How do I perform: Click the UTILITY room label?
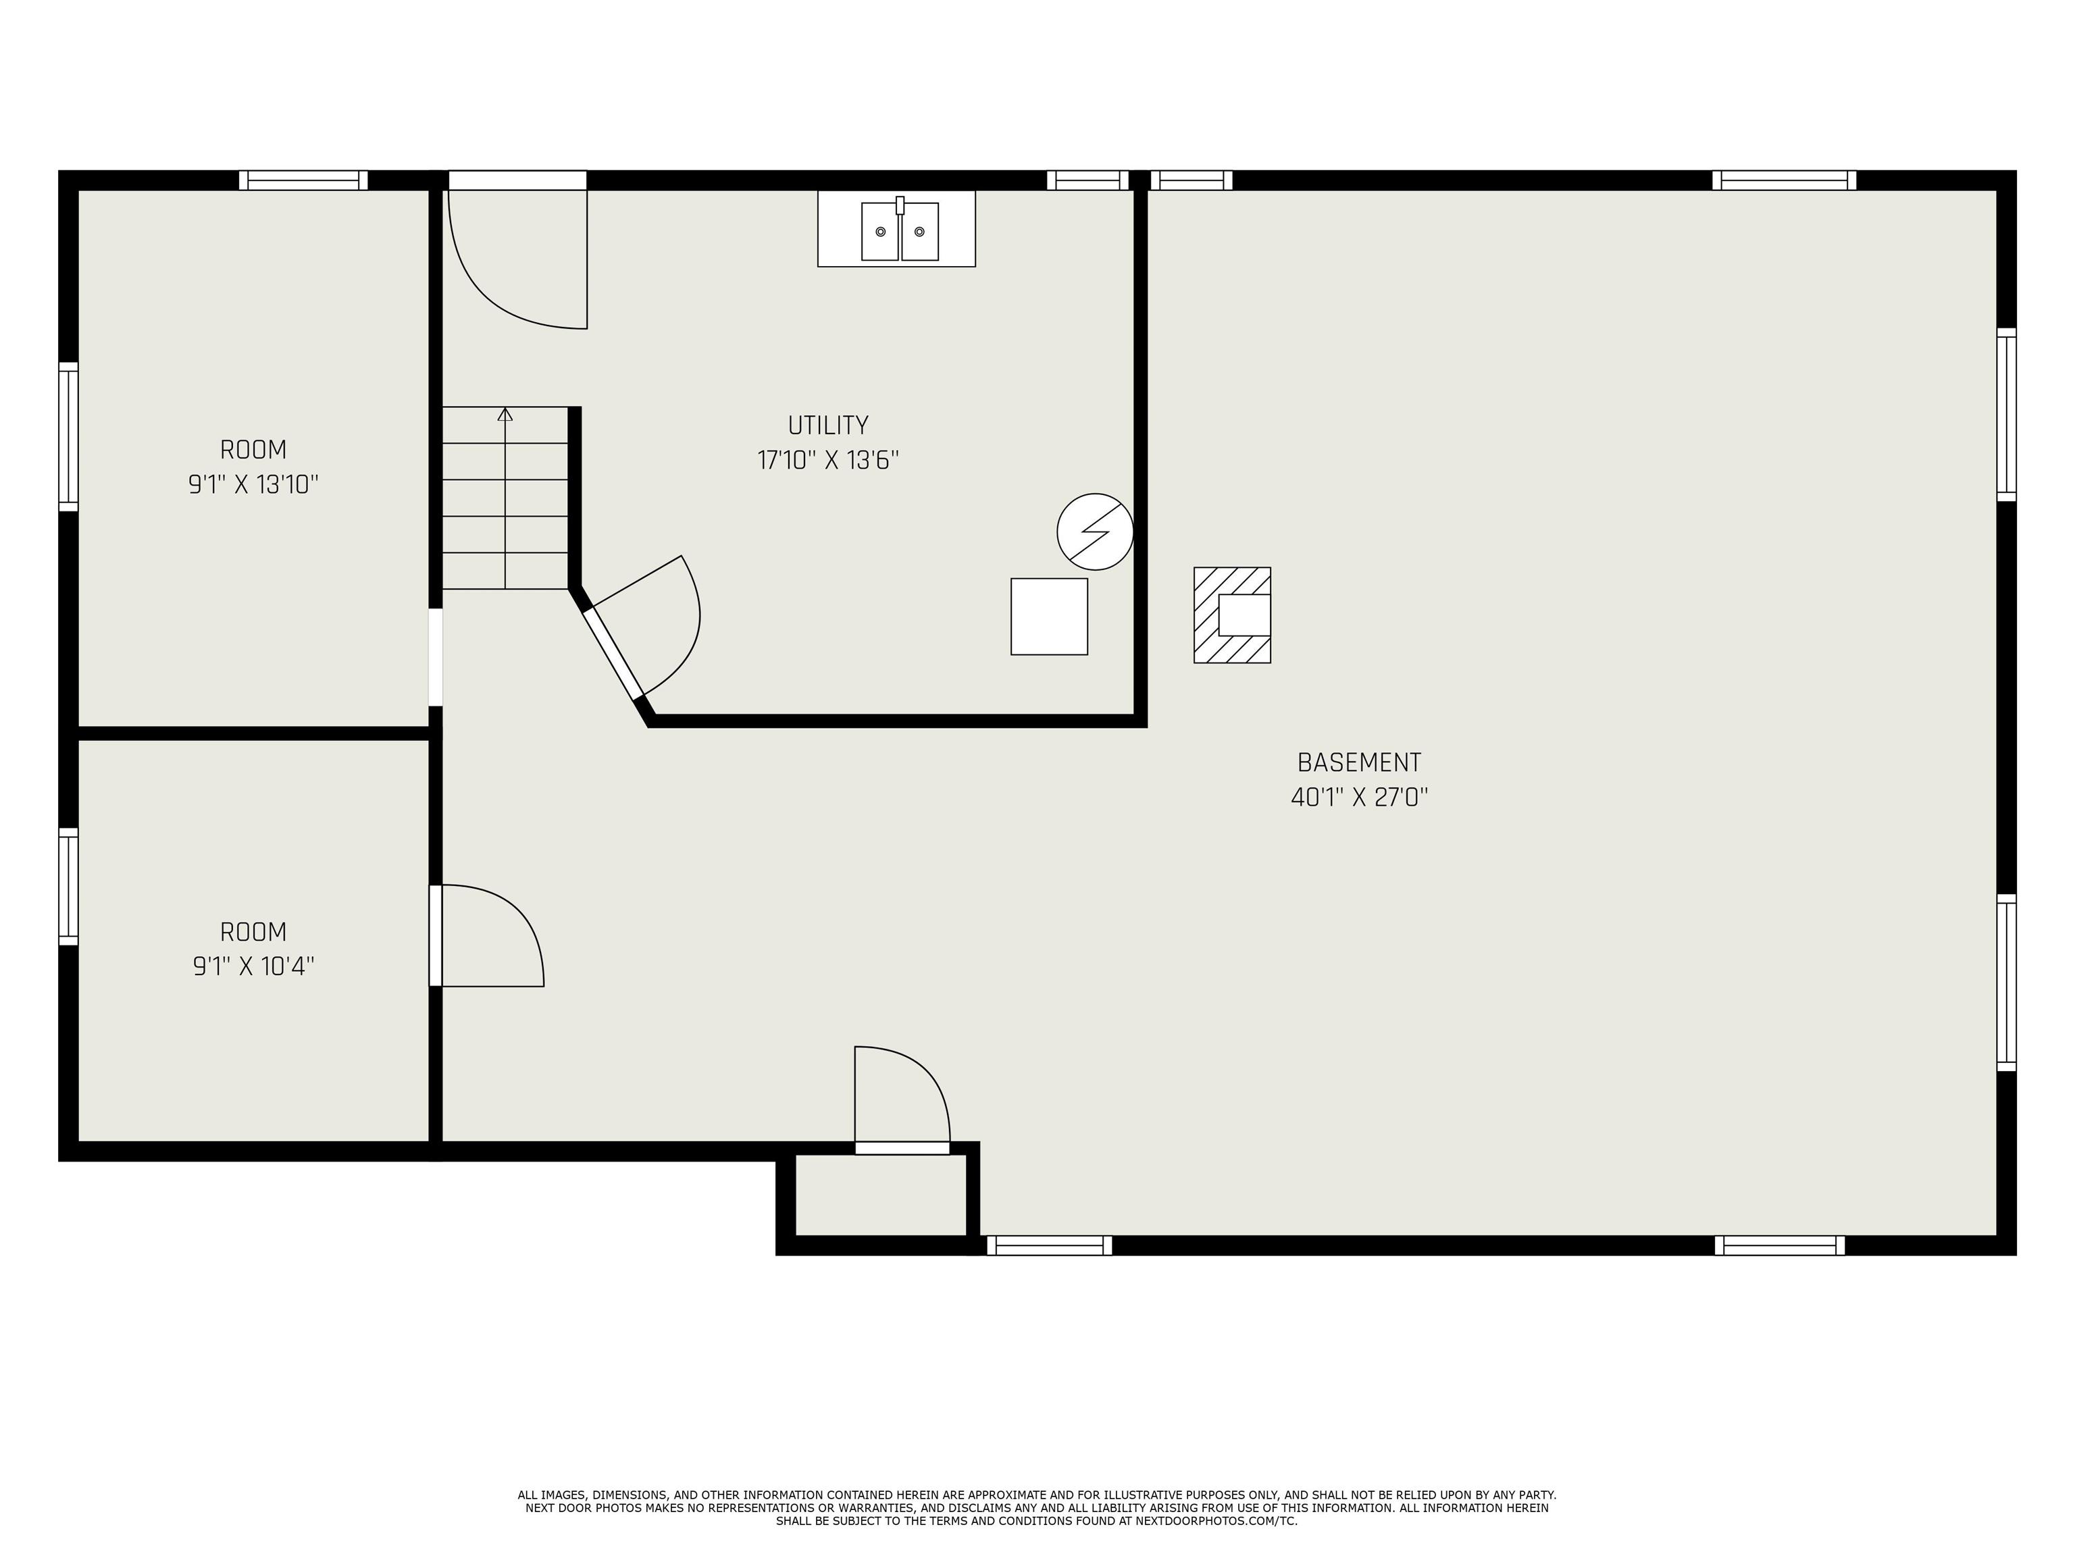click(x=827, y=426)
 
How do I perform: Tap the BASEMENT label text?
click(x=1359, y=762)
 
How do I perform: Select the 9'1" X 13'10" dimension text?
click(x=253, y=485)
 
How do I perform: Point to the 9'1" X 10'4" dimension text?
click(x=253, y=966)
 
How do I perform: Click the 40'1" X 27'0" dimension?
click(x=1359, y=797)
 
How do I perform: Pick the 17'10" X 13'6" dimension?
click(x=827, y=461)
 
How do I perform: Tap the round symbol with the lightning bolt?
click(x=1095, y=531)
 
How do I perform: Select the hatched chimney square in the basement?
click(x=1231, y=615)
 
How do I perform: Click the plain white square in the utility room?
click(x=1049, y=616)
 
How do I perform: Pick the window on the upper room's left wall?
click(x=68, y=436)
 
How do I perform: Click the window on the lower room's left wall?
click(x=68, y=886)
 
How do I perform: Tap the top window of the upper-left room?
click(x=303, y=180)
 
